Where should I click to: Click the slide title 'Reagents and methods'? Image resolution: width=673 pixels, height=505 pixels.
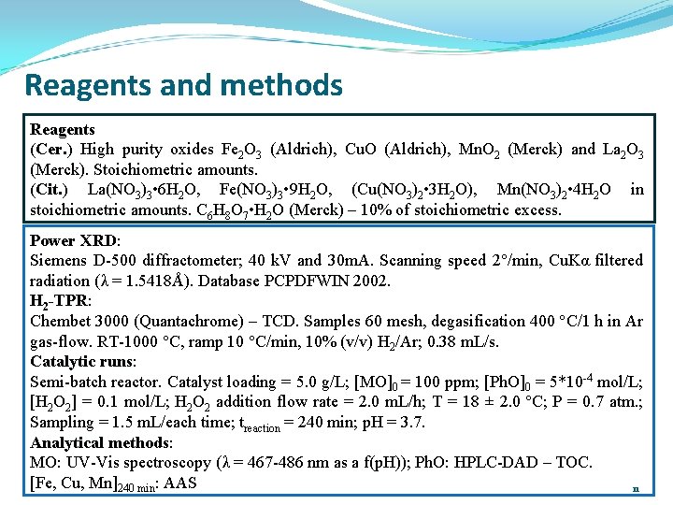click(183, 86)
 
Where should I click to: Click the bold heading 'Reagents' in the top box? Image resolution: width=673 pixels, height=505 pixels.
click(63, 129)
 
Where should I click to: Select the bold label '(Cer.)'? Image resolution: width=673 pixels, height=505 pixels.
click(51, 150)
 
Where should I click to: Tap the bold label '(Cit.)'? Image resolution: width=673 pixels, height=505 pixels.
click(49, 190)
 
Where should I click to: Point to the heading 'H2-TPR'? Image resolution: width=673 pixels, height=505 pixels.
click(60, 301)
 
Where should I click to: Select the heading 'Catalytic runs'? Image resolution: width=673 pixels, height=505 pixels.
click(82, 361)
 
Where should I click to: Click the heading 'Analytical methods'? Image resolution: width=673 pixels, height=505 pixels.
click(100, 442)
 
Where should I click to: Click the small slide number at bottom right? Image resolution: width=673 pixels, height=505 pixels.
click(636, 488)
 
